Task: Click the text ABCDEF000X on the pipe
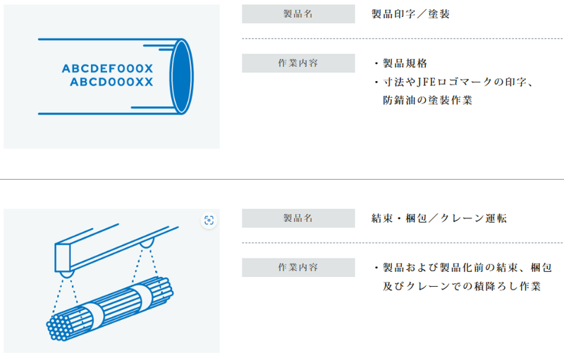pyautogui.click(x=108, y=68)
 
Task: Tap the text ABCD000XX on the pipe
pyautogui.click(x=111, y=82)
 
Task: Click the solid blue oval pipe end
pyautogui.click(x=181, y=77)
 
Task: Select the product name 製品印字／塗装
pyautogui.click(x=410, y=14)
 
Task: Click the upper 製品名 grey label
pyautogui.click(x=298, y=14)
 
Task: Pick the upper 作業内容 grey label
pyautogui.click(x=298, y=63)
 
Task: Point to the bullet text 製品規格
pyautogui.click(x=405, y=63)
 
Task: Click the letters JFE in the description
pyautogui.click(x=427, y=82)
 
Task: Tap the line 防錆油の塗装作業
pyautogui.click(x=427, y=100)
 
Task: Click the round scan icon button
pyautogui.click(x=209, y=221)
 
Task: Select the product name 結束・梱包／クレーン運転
pyautogui.click(x=439, y=218)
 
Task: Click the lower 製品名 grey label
pyautogui.click(x=298, y=218)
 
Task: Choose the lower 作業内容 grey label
pyautogui.click(x=298, y=267)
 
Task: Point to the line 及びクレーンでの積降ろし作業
pyautogui.click(x=462, y=286)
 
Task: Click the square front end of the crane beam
pyautogui.click(x=62, y=258)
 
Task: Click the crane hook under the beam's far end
pyautogui.click(x=147, y=243)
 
